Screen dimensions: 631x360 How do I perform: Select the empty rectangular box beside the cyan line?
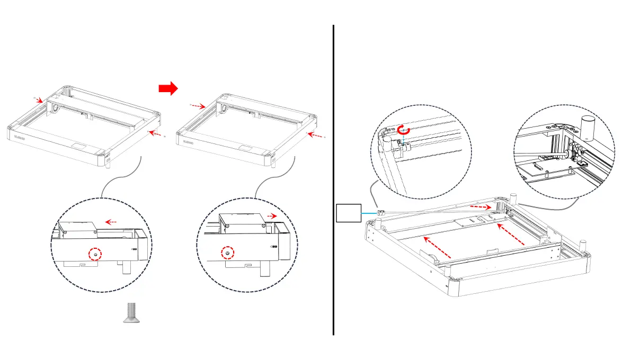(349, 213)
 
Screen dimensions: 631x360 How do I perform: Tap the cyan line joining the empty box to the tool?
(369, 213)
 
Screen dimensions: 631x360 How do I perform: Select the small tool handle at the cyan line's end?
(380, 213)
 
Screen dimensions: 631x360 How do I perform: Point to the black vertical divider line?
(333, 180)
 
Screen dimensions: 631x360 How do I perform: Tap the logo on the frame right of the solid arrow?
(188, 142)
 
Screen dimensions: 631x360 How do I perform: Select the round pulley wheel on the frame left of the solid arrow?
(54, 110)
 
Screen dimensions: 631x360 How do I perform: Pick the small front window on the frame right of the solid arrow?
(245, 149)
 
